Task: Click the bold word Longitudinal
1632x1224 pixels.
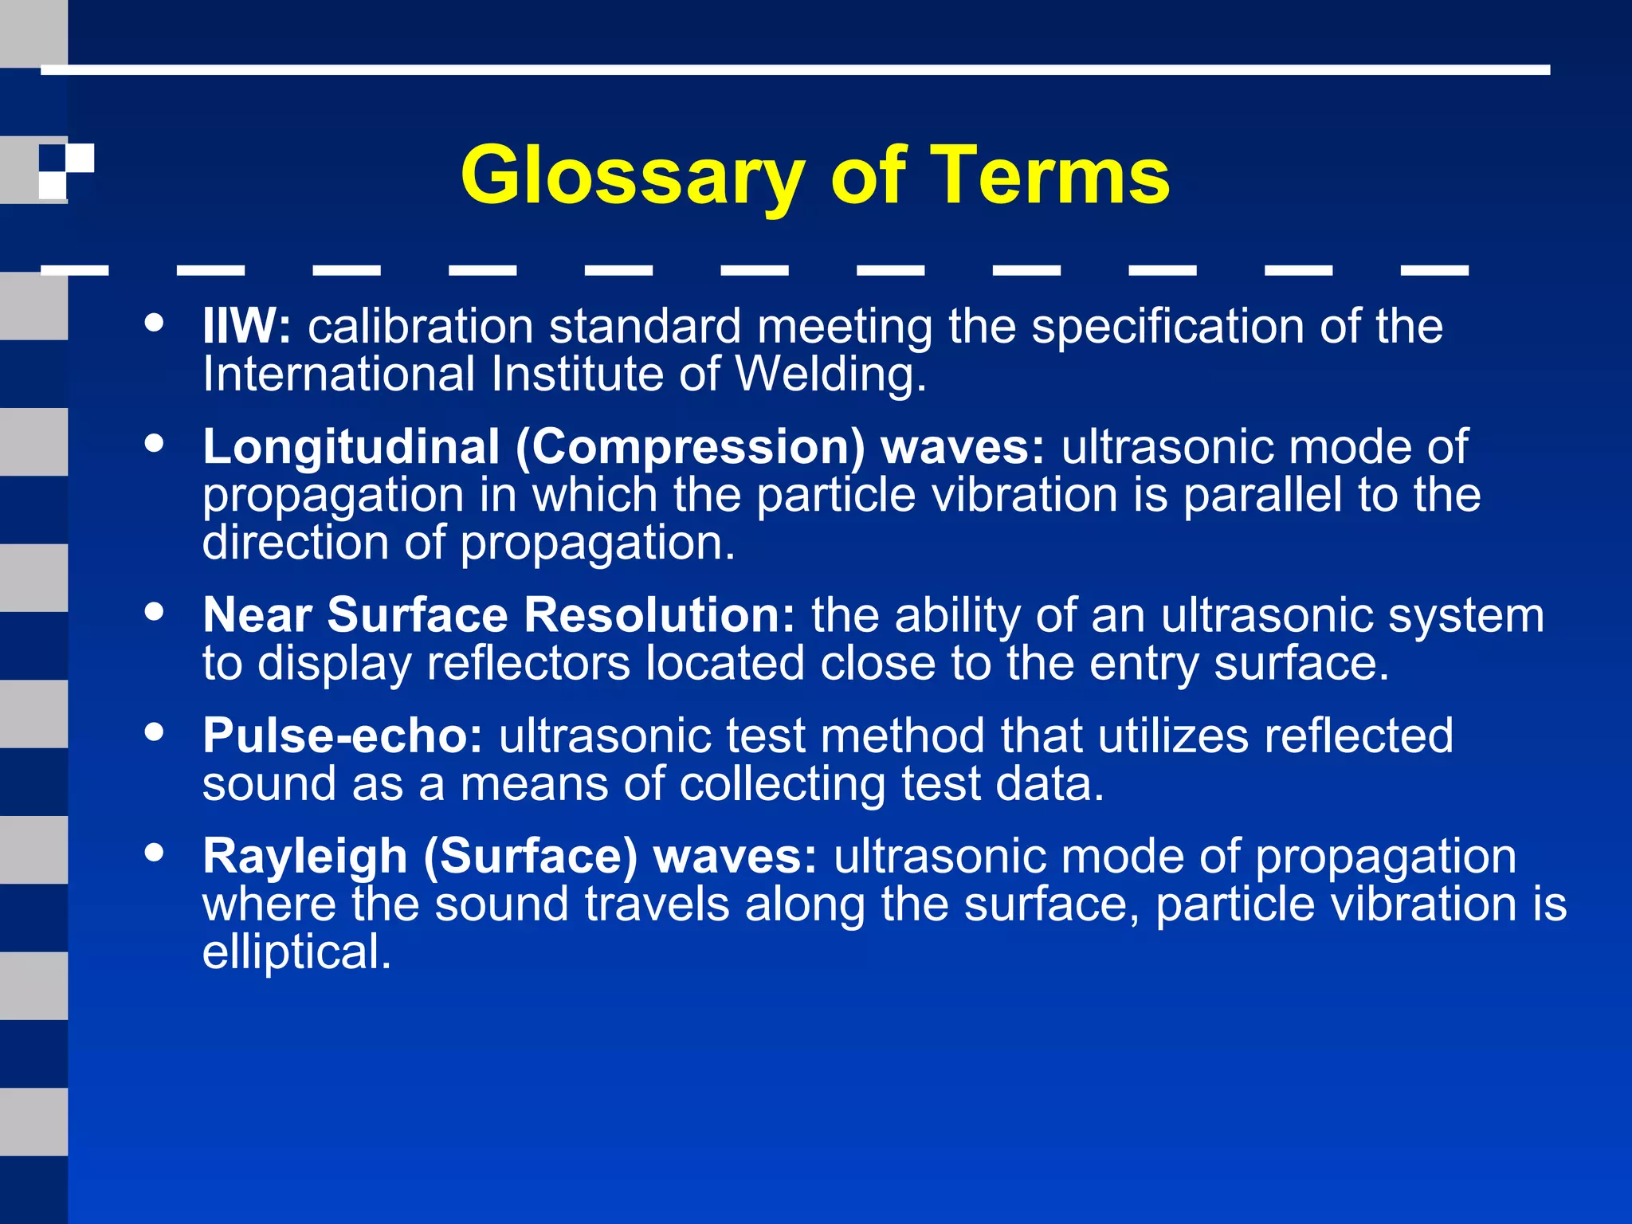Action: (351, 446)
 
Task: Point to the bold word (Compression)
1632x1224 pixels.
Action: (690, 448)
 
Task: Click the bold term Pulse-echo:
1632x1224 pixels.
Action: (343, 736)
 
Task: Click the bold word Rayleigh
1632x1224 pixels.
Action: (305, 857)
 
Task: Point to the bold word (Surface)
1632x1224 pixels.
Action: (531, 857)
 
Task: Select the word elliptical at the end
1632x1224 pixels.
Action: (296, 952)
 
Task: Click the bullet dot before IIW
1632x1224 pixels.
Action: (155, 324)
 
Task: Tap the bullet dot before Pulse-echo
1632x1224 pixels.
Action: (155, 732)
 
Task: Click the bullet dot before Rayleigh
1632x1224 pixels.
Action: (155, 853)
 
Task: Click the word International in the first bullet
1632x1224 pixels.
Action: (339, 375)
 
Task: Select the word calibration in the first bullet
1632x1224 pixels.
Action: (421, 327)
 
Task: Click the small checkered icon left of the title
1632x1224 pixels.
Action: (66, 171)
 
